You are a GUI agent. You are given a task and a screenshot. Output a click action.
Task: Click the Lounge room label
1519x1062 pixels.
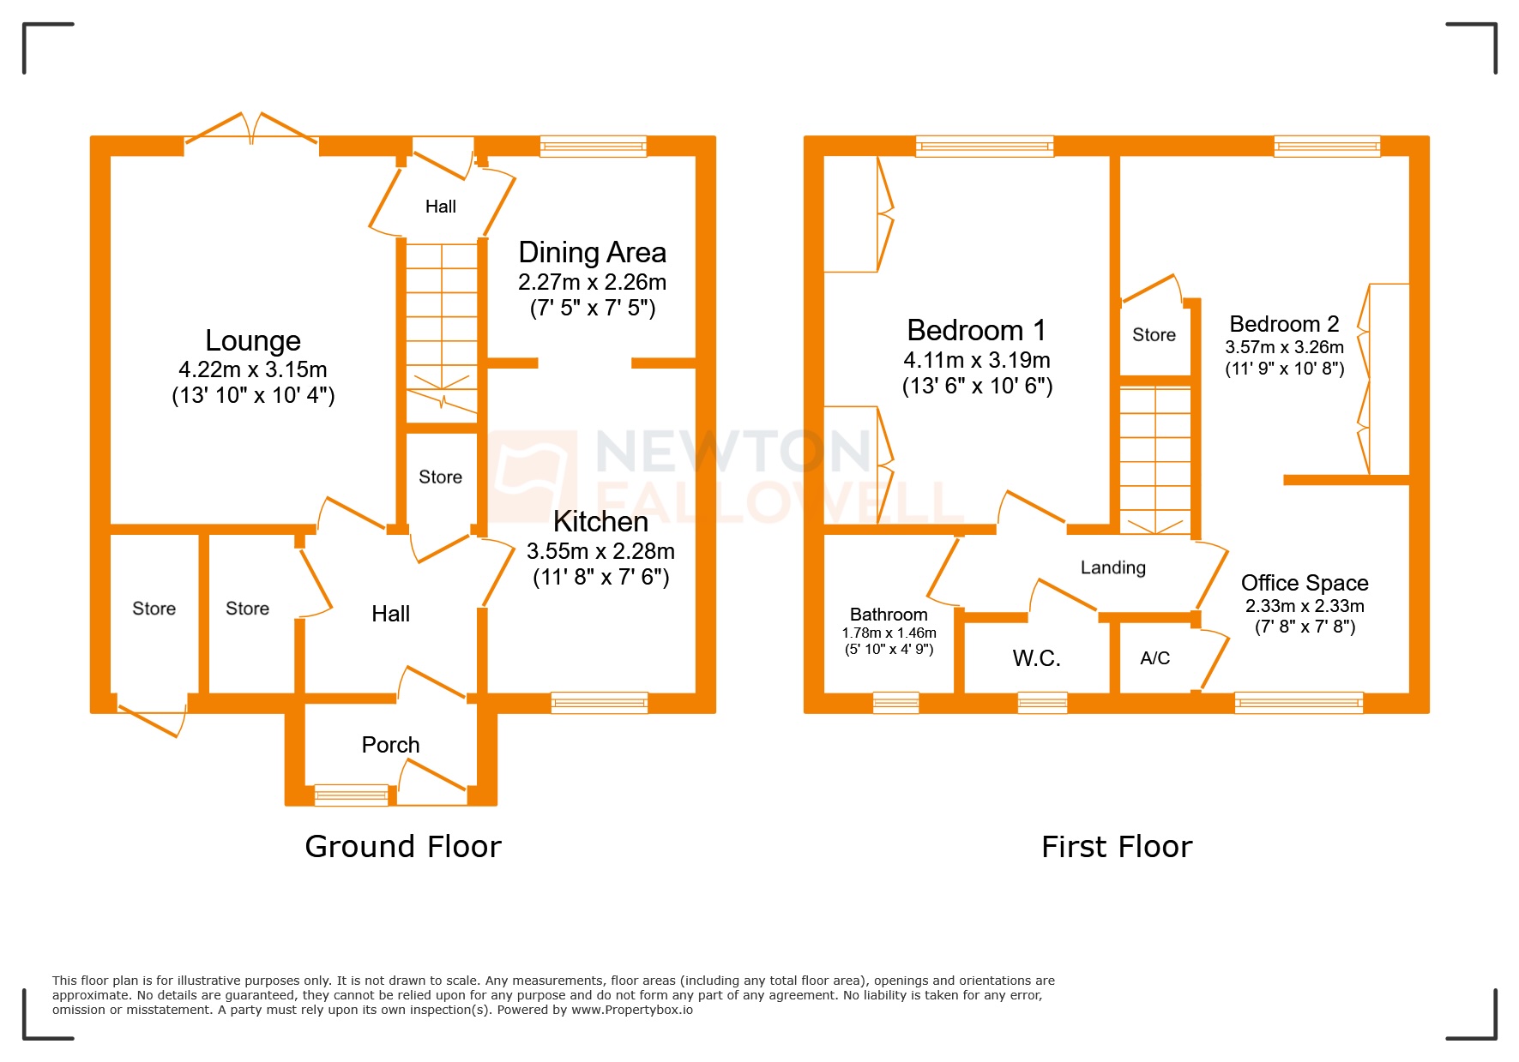253,341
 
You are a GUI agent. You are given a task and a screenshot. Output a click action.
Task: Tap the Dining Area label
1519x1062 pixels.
592,253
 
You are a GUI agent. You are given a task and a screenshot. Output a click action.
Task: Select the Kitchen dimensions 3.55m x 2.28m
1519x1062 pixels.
600,551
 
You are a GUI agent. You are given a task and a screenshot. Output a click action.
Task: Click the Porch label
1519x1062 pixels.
390,745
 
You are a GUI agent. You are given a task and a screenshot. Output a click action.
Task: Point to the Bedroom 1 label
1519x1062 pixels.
976,331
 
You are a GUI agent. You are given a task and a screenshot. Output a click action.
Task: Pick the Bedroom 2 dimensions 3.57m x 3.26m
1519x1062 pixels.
1284,347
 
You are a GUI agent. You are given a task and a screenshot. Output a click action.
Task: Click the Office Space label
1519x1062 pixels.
1304,583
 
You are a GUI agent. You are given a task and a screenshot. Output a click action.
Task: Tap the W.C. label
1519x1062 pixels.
1036,658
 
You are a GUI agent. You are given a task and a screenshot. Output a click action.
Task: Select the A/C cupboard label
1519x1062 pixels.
1154,658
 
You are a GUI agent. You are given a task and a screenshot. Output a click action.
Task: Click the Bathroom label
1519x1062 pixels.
889,615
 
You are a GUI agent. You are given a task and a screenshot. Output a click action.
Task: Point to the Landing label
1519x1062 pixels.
1112,567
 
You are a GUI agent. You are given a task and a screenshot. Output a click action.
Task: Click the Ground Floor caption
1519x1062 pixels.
402,847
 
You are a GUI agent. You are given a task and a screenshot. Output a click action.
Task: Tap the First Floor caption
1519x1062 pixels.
1116,847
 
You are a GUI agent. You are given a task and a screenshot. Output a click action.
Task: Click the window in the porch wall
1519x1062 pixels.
351,795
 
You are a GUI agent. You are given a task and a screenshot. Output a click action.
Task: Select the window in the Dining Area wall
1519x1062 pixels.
593,147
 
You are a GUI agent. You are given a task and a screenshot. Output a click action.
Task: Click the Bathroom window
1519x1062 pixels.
895,703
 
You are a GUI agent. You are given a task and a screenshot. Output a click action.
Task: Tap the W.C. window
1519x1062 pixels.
1042,703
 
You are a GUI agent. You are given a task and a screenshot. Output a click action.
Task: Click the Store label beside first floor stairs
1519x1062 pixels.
1154,335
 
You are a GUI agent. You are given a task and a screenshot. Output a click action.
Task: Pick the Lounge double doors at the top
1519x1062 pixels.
251,131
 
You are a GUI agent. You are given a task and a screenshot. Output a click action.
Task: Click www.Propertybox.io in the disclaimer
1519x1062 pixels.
631,1010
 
